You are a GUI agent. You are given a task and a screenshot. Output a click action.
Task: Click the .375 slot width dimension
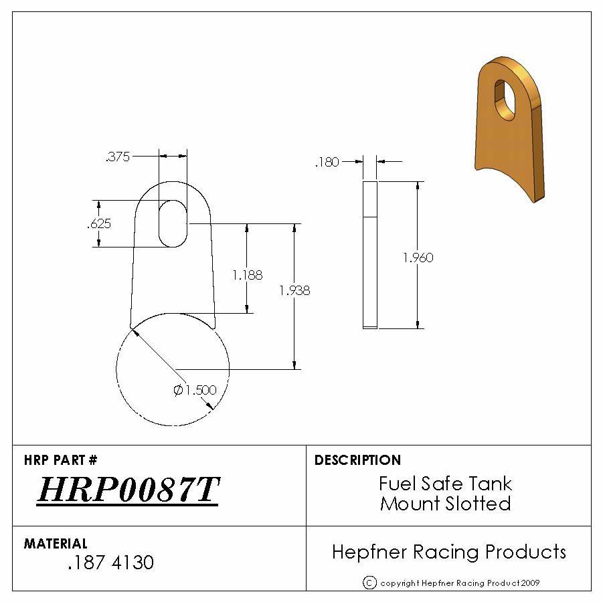click(x=118, y=157)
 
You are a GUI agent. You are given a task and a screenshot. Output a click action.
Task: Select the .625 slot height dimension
click(x=99, y=223)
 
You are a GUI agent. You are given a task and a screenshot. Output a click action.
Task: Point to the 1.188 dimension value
click(x=248, y=275)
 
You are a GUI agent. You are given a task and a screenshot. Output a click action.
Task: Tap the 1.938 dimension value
click(x=294, y=290)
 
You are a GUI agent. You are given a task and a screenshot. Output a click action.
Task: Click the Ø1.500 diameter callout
click(x=195, y=390)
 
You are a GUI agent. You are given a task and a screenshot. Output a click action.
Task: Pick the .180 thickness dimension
click(x=327, y=163)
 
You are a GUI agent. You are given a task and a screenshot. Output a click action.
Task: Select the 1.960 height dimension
click(x=418, y=257)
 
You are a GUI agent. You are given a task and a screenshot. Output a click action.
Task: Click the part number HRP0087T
click(x=128, y=490)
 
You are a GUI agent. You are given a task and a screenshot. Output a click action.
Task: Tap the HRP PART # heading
click(x=61, y=460)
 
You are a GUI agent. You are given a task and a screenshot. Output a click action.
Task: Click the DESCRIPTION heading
click(x=357, y=460)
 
